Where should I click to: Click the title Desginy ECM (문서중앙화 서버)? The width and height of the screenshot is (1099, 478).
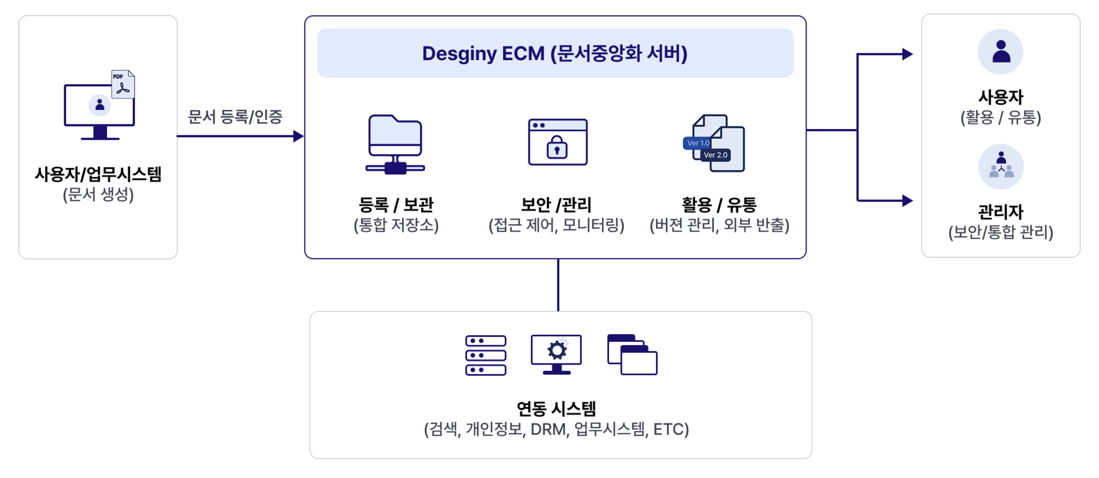pos(555,53)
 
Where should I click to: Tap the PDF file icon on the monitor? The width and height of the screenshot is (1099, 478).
pos(123,84)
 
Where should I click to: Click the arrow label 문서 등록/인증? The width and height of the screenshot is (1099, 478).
pos(235,117)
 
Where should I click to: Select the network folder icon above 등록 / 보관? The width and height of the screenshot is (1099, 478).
pos(395,144)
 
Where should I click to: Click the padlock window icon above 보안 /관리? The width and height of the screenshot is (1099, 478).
pos(558,142)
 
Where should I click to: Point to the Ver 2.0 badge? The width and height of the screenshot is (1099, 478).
pos(715,155)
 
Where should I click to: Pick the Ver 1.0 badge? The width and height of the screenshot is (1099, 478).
pos(698,143)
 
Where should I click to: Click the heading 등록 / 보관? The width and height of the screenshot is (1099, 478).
pos(396,205)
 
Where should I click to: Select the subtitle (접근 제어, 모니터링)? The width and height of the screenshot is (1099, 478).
pos(556,225)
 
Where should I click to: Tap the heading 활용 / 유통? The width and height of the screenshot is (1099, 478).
pos(719,205)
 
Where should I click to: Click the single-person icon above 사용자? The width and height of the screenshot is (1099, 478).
pos(1001,52)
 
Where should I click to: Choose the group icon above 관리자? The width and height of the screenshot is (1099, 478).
pos(1001,167)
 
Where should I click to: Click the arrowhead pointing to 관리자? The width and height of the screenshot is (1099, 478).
pos(907,201)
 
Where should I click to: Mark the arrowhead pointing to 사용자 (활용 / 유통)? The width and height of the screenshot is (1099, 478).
pos(907,54)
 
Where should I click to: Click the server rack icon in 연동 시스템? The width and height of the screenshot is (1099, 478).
pos(486,355)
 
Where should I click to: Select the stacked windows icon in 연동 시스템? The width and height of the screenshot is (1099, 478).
pos(632,355)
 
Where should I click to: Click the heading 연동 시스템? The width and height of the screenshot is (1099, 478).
pos(556,409)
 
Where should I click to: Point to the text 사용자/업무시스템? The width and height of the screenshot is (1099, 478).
pos(98,174)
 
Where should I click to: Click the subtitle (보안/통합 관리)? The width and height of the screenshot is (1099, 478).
pos(1001,232)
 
